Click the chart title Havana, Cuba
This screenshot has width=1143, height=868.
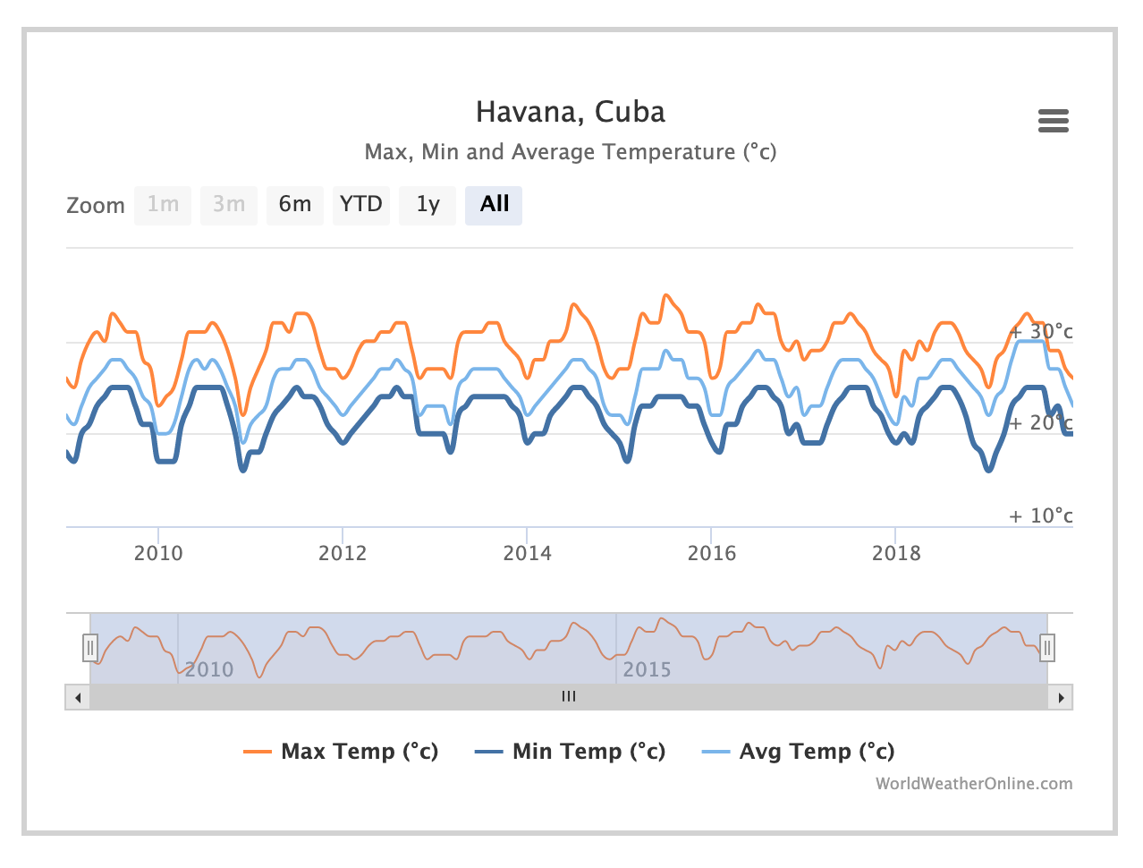click(x=571, y=112)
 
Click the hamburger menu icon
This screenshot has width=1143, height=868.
click(x=1053, y=121)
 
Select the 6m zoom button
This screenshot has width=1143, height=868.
click(x=294, y=205)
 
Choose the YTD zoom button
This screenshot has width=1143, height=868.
click(x=360, y=205)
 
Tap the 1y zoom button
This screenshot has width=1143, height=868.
click(x=428, y=205)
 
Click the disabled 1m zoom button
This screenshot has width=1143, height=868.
click(x=163, y=205)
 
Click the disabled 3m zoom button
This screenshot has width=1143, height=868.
click(x=229, y=205)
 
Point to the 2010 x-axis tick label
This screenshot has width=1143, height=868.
click(x=158, y=553)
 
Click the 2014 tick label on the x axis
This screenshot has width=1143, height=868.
click(x=527, y=553)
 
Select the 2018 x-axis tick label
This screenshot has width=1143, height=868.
click(x=896, y=553)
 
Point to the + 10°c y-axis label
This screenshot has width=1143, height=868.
click(x=1040, y=515)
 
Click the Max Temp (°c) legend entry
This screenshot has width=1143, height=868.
click(x=341, y=752)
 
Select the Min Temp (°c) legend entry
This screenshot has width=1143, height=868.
click(x=570, y=752)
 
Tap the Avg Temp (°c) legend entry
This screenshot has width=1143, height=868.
click(x=798, y=752)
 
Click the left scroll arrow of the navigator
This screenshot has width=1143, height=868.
click(x=78, y=697)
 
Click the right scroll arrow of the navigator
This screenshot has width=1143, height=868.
click(x=1061, y=697)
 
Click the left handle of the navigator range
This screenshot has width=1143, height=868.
click(x=90, y=647)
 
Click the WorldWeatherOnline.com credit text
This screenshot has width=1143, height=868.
click(x=973, y=784)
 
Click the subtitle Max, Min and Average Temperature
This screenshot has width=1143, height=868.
click(x=571, y=152)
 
